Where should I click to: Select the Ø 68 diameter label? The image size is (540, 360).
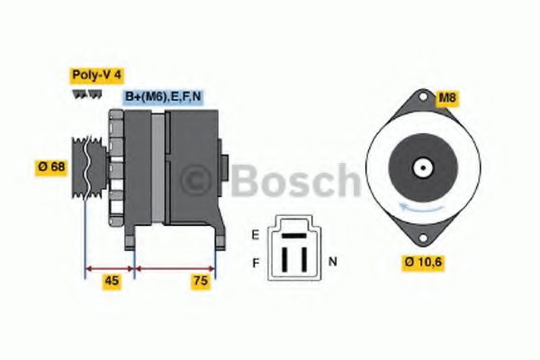pyautogui.click(x=52, y=166)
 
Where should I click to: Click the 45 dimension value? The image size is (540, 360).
pyautogui.click(x=112, y=281)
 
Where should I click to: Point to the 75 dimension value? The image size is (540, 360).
pyautogui.click(x=201, y=281)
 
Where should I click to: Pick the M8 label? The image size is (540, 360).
pyautogui.click(x=447, y=97)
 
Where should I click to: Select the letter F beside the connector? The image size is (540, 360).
pyautogui.click(x=256, y=263)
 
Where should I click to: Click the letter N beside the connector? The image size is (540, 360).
pyautogui.click(x=332, y=262)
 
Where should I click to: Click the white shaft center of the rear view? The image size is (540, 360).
pyautogui.click(x=419, y=167)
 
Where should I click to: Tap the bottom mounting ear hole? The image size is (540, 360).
pyautogui.click(x=418, y=238)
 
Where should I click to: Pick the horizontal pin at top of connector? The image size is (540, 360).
pyautogui.click(x=294, y=233)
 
